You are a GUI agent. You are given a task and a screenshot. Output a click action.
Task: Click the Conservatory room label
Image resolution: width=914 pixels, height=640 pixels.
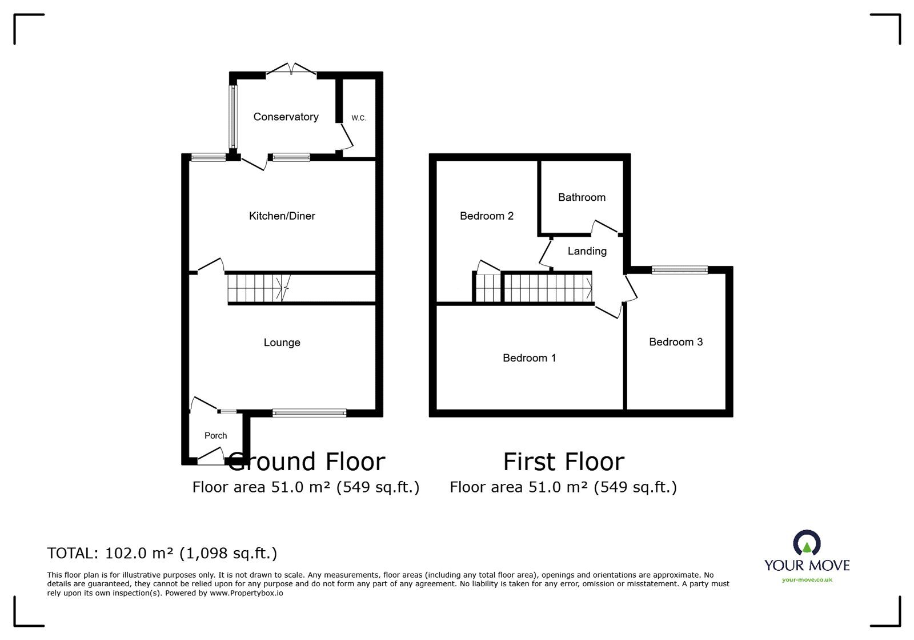pos(286,117)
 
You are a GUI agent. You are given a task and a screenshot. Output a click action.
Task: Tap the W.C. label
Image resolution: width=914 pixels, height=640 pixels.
pos(359,118)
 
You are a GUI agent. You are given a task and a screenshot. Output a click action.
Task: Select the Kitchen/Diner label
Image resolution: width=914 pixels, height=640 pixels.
pos(282,216)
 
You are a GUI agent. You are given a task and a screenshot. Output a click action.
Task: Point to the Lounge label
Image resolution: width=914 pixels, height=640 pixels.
pos(282,342)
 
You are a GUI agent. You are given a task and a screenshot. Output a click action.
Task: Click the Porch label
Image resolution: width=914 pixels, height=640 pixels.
pos(215,435)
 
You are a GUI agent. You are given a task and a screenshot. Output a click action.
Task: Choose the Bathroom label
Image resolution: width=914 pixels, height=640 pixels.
pos(582,197)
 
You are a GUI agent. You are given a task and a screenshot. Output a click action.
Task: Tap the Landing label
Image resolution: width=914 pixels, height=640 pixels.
pos(587,251)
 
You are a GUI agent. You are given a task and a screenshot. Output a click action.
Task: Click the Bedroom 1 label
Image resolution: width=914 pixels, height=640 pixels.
pos(529,358)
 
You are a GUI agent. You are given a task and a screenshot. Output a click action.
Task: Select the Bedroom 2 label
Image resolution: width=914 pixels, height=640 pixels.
pos(486,216)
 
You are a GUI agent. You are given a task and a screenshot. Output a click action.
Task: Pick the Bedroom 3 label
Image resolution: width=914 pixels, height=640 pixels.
pos(676,342)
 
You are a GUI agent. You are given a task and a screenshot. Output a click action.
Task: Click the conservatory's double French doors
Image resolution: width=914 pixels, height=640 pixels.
pos(291,69)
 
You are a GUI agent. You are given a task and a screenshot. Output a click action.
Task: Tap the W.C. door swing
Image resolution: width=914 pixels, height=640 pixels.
pos(346,138)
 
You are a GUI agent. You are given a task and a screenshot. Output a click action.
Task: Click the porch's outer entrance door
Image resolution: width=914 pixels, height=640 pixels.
pos(211,456)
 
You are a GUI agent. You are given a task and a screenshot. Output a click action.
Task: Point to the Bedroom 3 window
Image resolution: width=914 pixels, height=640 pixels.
pos(679,269)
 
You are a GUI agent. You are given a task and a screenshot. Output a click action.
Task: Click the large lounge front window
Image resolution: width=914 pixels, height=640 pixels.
pos(309,413)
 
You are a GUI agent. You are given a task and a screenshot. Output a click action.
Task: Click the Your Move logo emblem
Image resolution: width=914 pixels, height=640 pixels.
pos(807,543)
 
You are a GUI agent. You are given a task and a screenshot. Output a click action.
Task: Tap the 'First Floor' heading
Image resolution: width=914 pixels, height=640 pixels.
pos(563,462)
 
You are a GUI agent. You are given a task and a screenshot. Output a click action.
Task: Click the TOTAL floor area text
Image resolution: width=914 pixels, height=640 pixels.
pos(162,553)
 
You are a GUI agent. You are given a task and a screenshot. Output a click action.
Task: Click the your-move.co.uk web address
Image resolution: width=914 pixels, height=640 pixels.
pos(807,579)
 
